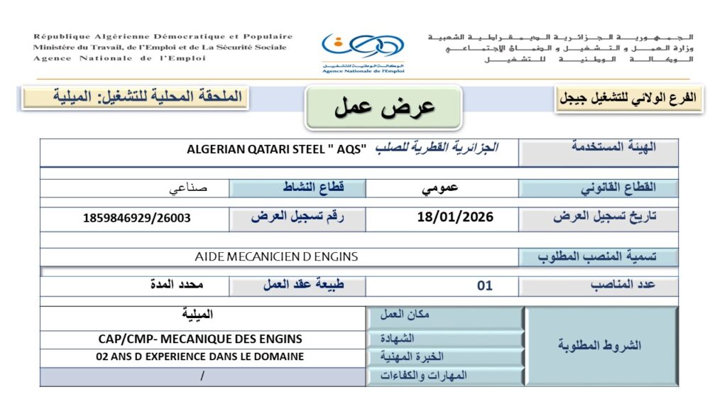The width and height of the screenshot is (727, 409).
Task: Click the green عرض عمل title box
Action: pos(383,107)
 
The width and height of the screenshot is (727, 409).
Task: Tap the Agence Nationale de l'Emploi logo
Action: pos(363,51)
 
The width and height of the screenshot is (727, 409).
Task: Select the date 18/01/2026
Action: pos(455,217)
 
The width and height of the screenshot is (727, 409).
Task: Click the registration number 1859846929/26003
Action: pos(137,218)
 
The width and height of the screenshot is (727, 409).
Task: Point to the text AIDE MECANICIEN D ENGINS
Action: pos(276,256)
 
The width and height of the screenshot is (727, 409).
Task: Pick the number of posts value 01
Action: pos(484,286)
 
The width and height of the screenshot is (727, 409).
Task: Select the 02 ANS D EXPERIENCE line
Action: pos(199,356)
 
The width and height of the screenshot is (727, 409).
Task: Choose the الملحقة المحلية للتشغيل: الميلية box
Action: pos(135,97)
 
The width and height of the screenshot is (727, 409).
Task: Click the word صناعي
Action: pos(188,189)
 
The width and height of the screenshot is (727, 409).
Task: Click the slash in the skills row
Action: pos(202,376)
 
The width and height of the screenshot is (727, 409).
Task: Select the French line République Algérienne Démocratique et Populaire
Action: pos(163,36)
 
